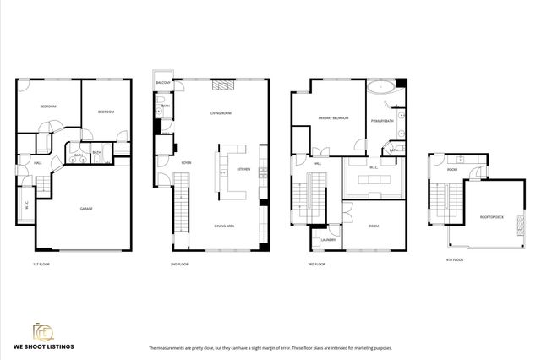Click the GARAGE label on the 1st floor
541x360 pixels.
86,208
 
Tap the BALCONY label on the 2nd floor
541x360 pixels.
164,83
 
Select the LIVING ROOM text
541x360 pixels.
221,112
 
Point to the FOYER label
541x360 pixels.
186,163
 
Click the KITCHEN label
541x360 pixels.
243,169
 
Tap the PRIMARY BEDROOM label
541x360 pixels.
334,118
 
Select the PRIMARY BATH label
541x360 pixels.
384,121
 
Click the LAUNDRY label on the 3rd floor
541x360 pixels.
329,240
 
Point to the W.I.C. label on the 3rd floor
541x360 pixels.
372,167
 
